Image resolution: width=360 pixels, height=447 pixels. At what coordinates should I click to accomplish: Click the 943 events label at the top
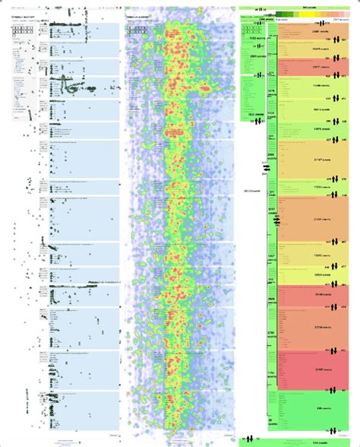[298, 6]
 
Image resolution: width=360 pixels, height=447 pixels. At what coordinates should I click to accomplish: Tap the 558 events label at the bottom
[298, 442]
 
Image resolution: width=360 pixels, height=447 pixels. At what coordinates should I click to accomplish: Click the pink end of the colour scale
[350, 13]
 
